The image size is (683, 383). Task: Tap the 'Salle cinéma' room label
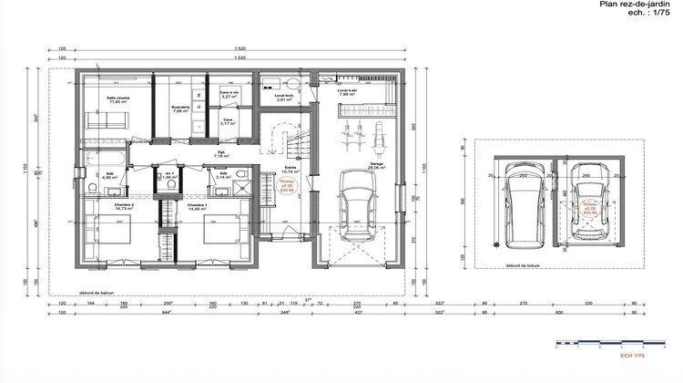pyautogui.click(x=117, y=98)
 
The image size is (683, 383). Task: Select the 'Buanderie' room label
pyautogui.click(x=179, y=107)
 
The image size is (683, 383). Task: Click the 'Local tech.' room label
pyautogui.click(x=283, y=95)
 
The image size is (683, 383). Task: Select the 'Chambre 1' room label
pyautogui.click(x=199, y=206)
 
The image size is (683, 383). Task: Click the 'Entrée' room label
pyautogui.click(x=290, y=168)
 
